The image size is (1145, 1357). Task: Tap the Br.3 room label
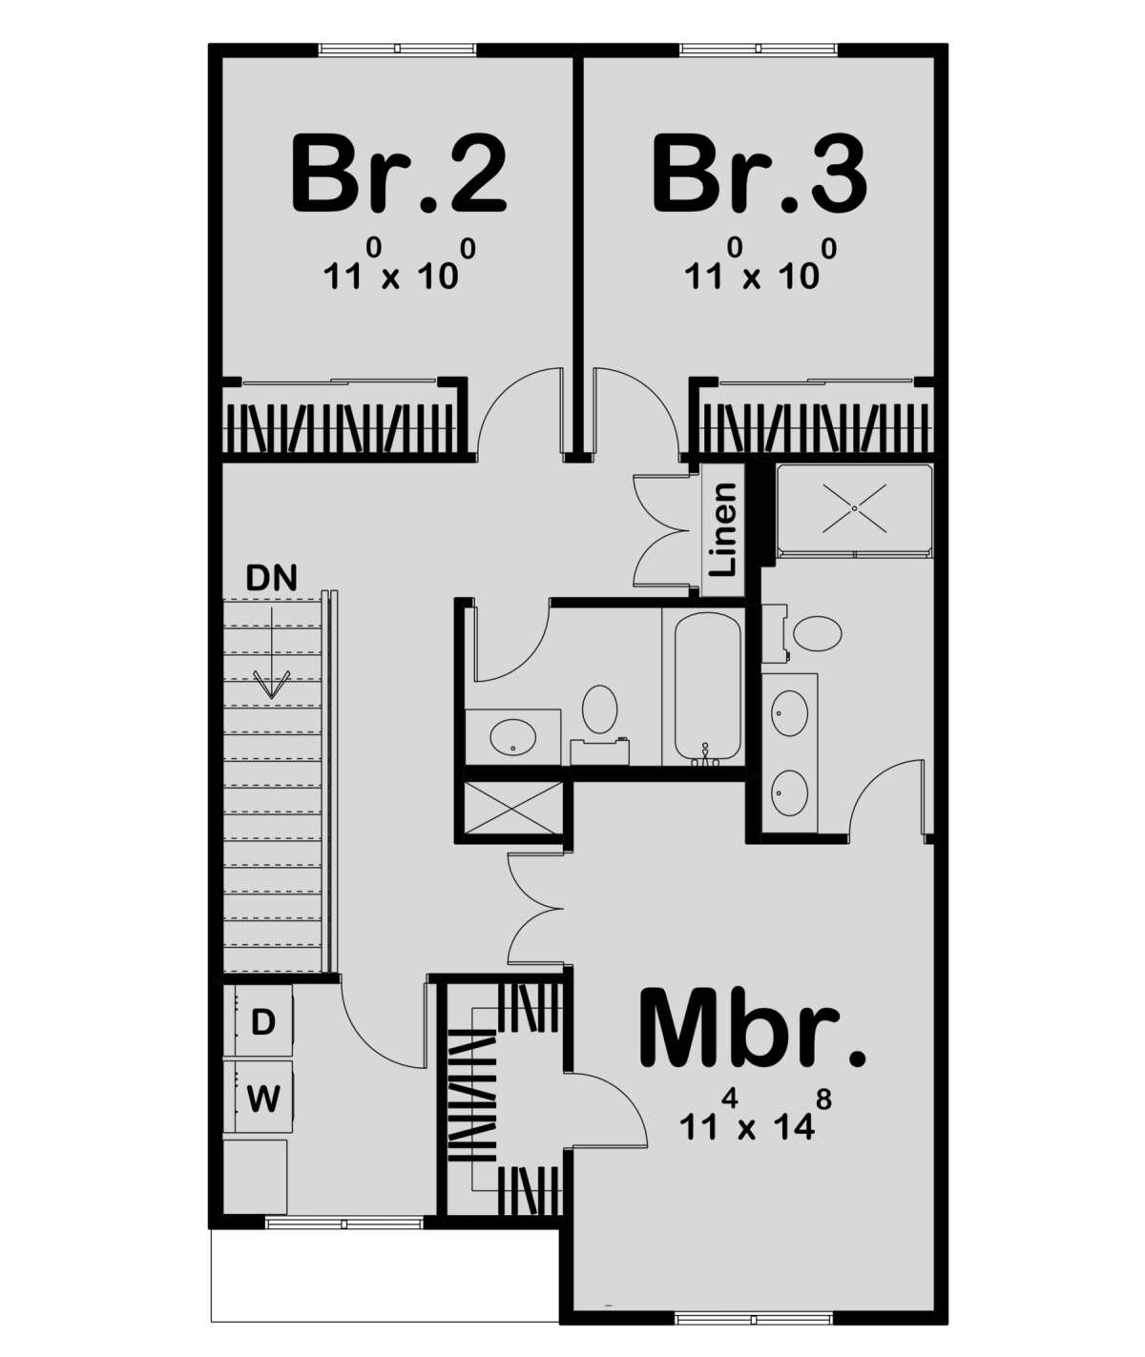(x=759, y=175)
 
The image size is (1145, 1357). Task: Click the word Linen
(x=724, y=528)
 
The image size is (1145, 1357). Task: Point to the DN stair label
(x=271, y=577)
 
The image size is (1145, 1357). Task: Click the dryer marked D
(x=262, y=1023)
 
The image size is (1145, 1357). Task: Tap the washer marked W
(x=263, y=1100)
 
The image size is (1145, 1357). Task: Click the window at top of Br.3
(x=760, y=48)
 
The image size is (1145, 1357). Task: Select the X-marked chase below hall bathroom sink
(x=513, y=810)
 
